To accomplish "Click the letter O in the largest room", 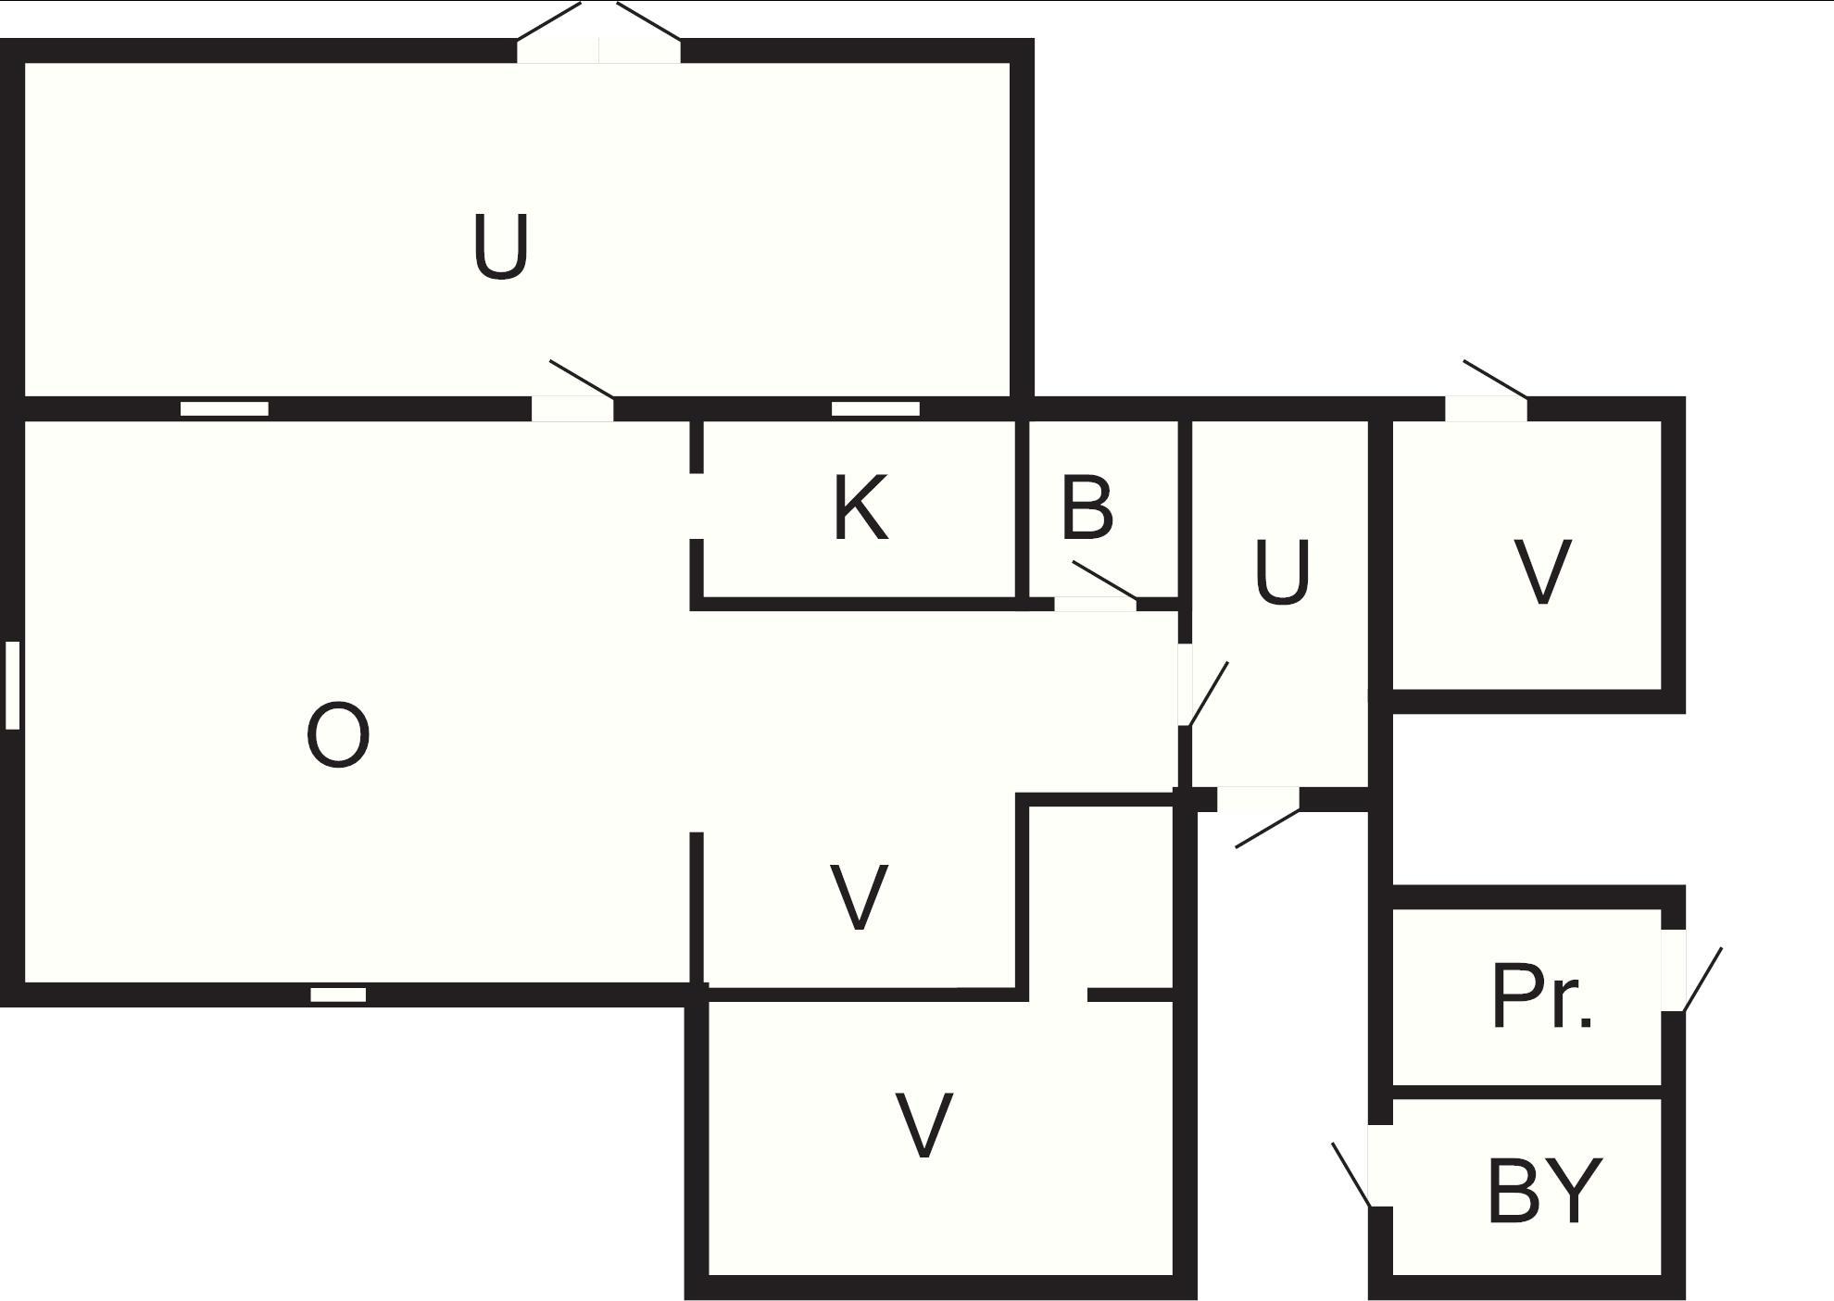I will pos(338,735).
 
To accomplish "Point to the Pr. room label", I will pos(1541,998).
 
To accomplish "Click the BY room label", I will pos(1544,1191).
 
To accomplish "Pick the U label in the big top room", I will pos(500,247).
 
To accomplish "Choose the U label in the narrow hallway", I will pos(1282,573).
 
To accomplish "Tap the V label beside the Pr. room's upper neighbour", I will pos(1542,573).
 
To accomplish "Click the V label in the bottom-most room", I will pos(924,1125).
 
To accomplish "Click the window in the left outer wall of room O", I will pos(12,684).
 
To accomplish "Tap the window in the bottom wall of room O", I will pos(338,995).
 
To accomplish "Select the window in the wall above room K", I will pos(875,408).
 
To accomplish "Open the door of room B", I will pos(1095,604).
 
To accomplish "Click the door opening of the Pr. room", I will pos(1673,970).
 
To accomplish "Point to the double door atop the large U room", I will pos(598,51).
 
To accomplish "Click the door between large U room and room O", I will pos(572,408).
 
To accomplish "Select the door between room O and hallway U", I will pos(1185,684).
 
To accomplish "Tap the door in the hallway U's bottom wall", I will pos(1258,798).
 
